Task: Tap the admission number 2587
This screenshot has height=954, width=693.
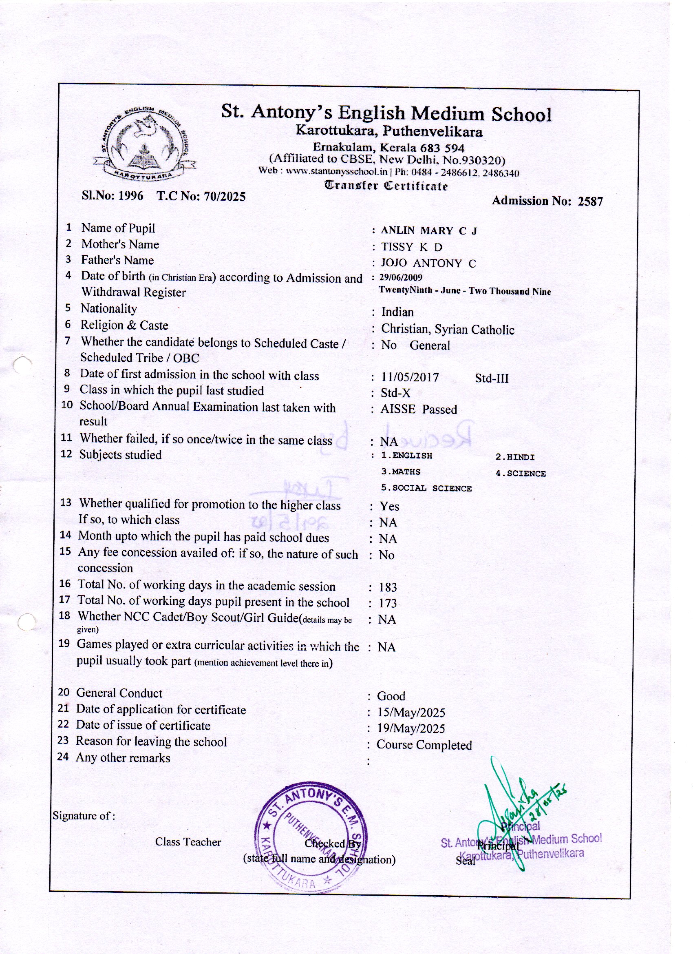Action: pos(590,201)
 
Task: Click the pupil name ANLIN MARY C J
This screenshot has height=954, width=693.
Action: pos(428,230)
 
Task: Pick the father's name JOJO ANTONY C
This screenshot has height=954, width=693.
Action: pos(428,263)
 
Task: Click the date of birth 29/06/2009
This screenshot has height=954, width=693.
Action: pos(400,278)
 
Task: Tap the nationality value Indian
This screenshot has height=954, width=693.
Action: pos(397,312)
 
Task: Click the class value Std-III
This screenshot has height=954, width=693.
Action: pos(492,378)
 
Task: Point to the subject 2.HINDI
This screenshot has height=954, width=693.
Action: pos(515,457)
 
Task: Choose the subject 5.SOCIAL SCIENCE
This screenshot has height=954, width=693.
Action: pos(426,488)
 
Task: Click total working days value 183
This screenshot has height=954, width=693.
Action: pos(388,587)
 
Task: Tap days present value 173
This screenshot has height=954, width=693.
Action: pos(387,603)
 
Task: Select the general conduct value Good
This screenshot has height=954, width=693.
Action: pos(391,696)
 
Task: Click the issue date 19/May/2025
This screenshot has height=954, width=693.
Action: pos(411,728)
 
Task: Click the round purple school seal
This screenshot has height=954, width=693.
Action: pos(311,838)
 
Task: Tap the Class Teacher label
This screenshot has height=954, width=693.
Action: pos(188,842)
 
